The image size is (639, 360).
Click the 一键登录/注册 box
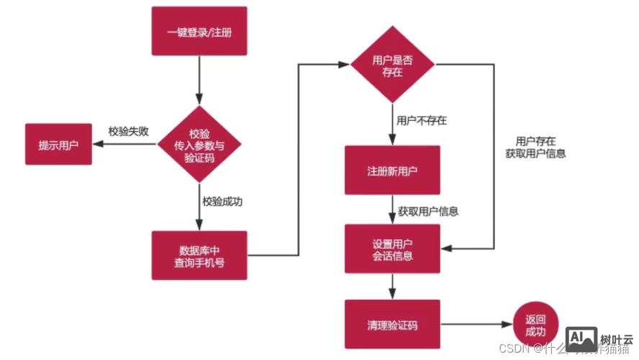pyautogui.click(x=199, y=31)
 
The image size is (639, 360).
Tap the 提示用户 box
pyautogui.click(x=58, y=144)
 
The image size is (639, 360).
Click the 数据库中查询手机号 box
pyautogui.click(x=199, y=255)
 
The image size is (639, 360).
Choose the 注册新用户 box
pyautogui.click(x=392, y=170)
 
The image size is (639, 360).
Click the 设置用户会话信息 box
pyautogui.click(x=392, y=248)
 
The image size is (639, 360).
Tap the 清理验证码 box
pyautogui.click(x=392, y=325)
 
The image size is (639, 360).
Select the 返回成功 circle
pyautogui.click(x=535, y=325)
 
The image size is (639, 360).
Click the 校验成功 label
pyautogui.click(x=222, y=202)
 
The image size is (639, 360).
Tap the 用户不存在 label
pyautogui.click(x=422, y=120)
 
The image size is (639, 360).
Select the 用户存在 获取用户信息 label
pyautogui.click(x=535, y=148)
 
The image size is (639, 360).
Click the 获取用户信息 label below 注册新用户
pyautogui.click(x=428, y=212)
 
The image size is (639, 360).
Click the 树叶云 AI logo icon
pyautogui.click(x=581, y=338)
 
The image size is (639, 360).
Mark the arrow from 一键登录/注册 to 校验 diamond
pyautogui.click(x=199, y=79)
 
